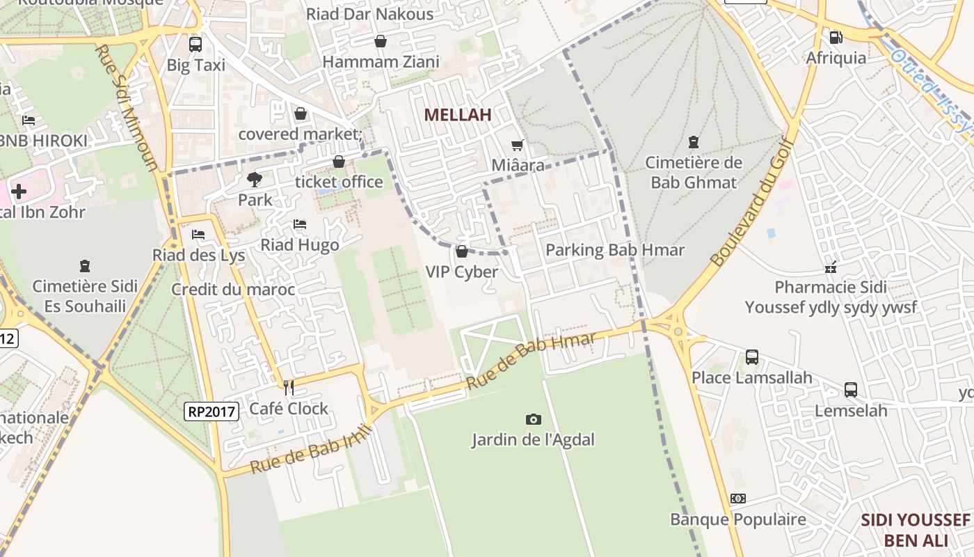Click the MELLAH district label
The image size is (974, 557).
click(458, 115)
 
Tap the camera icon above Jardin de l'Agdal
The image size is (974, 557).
click(534, 419)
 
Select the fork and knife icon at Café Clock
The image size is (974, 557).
click(289, 388)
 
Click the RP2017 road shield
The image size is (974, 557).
click(212, 411)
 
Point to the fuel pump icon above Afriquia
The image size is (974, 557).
click(836, 37)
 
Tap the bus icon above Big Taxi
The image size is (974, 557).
click(195, 45)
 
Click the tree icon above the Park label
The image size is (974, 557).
click(255, 180)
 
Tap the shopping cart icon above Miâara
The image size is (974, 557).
click(517, 146)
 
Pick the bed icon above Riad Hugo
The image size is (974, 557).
click(300, 224)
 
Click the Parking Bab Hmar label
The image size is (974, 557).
click(615, 251)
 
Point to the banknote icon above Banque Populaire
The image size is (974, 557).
click(738, 499)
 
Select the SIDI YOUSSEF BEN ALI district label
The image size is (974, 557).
click(916, 530)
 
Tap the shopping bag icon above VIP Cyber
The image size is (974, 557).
click(462, 251)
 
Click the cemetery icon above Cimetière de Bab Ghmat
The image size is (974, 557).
click(693, 142)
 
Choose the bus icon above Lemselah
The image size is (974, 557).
click(850, 390)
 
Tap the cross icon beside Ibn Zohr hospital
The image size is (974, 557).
click(19, 191)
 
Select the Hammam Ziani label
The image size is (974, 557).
click(381, 62)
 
